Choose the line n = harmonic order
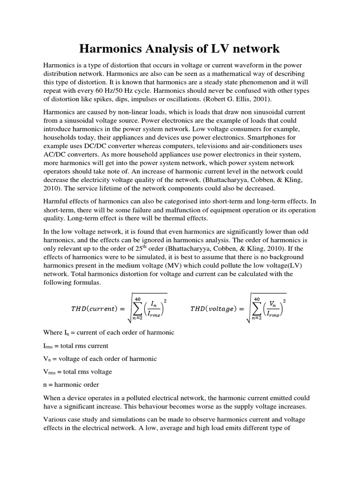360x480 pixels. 71,385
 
